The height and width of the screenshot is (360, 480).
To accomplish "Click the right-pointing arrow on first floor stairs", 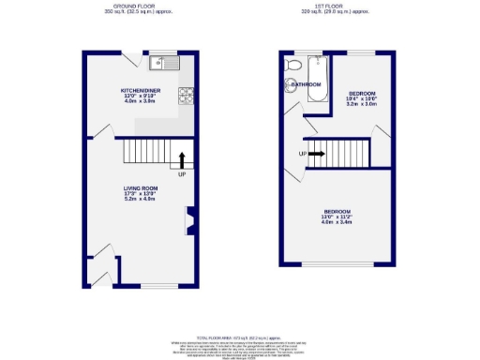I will tap(315, 154).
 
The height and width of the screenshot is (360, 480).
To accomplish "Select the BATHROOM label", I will tap(306, 84).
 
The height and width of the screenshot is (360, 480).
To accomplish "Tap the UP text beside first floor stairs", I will tap(302, 154).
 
